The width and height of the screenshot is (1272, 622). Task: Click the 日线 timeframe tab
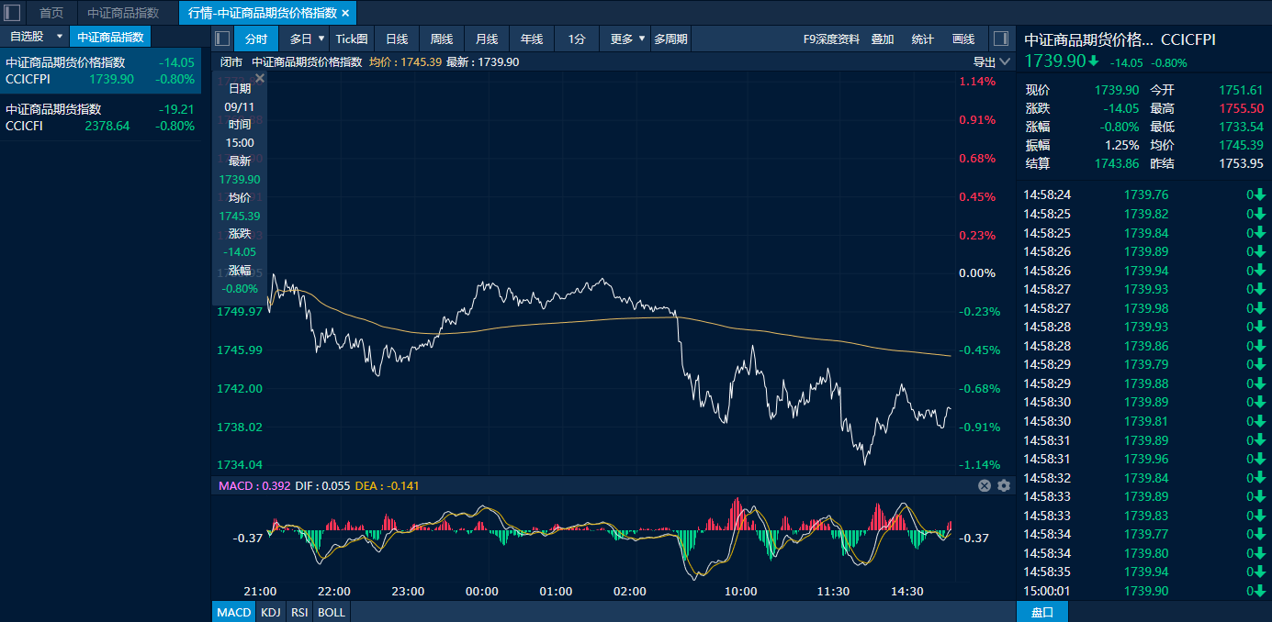click(x=397, y=39)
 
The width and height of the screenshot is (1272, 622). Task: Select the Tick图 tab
click(x=352, y=39)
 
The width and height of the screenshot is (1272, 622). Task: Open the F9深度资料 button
click(x=831, y=39)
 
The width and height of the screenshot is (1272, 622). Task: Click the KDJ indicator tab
click(x=270, y=612)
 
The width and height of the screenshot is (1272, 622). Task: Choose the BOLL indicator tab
click(x=331, y=612)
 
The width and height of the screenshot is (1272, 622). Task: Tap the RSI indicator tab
click(x=299, y=612)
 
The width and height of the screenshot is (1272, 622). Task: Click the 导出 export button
click(x=985, y=61)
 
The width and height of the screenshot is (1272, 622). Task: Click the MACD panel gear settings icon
click(x=1004, y=486)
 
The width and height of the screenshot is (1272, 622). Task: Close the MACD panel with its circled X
click(x=985, y=486)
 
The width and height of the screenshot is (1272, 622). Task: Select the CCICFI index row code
click(x=24, y=126)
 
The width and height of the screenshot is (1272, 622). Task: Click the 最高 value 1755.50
click(x=1242, y=108)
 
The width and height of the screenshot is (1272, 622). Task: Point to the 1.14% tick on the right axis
click(x=977, y=82)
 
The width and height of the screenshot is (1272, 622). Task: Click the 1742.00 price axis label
click(x=240, y=388)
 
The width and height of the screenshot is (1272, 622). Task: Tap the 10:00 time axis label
click(x=740, y=592)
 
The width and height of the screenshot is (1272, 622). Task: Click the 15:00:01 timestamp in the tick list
click(x=1047, y=591)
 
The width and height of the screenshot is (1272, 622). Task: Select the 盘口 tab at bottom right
click(x=1042, y=612)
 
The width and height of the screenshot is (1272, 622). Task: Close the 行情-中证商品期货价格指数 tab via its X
click(x=346, y=13)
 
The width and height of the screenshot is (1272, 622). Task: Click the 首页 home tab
click(x=51, y=13)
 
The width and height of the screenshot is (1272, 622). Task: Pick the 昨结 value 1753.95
click(x=1242, y=163)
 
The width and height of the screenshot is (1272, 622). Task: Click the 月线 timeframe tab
click(x=487, y=39)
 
